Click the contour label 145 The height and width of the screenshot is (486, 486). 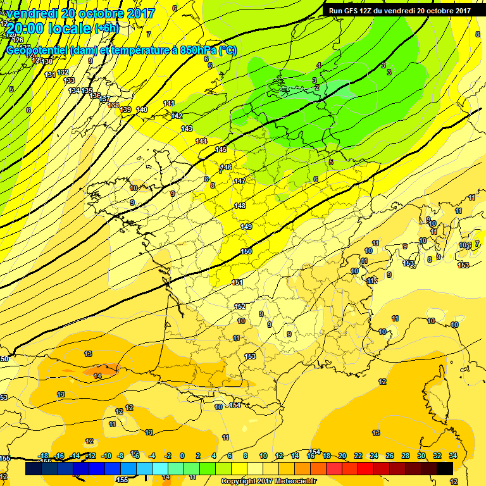click(x=220, y=150)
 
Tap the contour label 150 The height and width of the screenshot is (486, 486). click(x=246, y=252)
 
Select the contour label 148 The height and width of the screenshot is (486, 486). click(x=240, y=206)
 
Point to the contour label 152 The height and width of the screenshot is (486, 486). click(x=240, y=306)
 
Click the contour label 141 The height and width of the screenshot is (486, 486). click(x=169, y=103)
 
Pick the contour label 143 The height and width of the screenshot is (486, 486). click(x=187, y=129)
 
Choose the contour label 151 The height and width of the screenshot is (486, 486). click(x=237, y=283)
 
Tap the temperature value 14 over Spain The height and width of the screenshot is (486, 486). click(x=97, y=377)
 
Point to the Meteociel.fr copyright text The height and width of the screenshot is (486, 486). click(x=268, y=481)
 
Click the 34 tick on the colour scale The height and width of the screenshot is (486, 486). click(x=453, y=456)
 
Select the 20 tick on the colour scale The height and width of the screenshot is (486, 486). click(x=342, y=456)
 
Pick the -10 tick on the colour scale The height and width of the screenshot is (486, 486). click(x=106, y=456)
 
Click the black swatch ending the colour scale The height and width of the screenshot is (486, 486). click(x=444, y=468)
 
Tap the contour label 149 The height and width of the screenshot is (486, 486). click(x=246, y=227)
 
